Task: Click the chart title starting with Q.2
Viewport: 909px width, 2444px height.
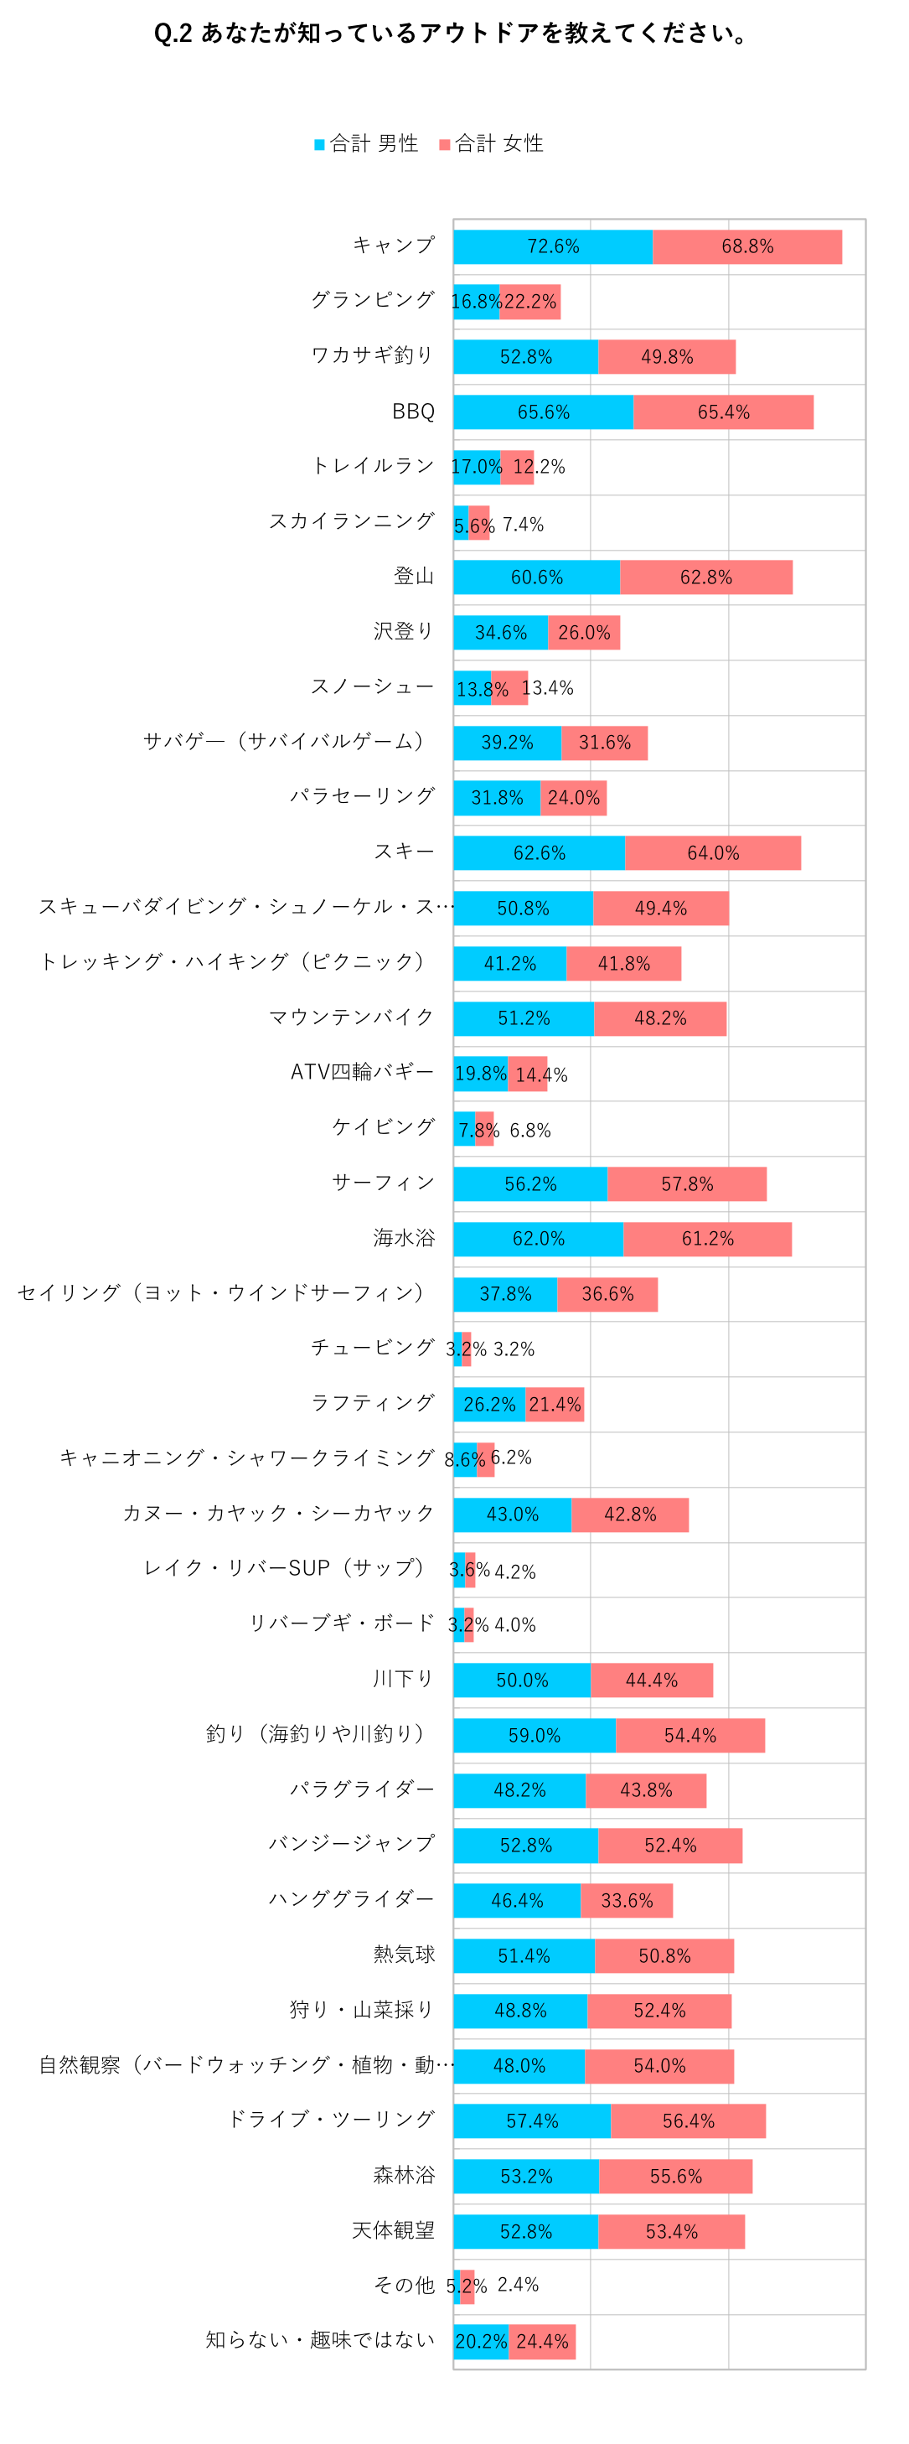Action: point(452,34)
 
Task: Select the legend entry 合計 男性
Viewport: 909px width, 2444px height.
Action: point(366,143)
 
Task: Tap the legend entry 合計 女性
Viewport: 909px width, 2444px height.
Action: point(492,143)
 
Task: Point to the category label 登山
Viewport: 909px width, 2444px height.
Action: point(414,576)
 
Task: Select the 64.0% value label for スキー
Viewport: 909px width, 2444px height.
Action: point(713,853)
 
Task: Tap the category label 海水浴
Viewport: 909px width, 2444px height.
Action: point(404,1237)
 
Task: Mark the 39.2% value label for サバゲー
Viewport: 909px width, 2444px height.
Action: point(507,742)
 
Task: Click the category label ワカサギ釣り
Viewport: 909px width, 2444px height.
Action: point(373,355)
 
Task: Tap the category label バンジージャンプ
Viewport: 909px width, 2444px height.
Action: point(351,1843)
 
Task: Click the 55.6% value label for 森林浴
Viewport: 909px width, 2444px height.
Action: point(675,2177)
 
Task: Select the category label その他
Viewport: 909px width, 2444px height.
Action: point(404,2285)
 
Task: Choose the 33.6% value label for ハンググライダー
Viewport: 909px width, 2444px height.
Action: point(626,1900)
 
